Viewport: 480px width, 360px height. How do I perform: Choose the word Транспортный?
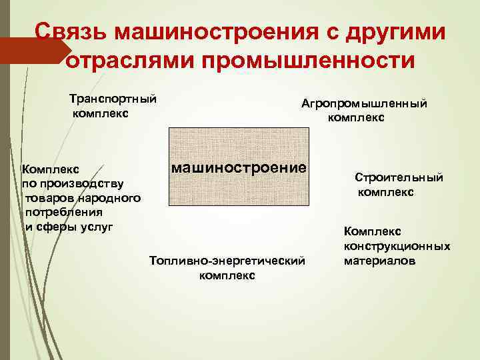tap(113, 99)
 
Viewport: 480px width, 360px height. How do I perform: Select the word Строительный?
tap(399, 178)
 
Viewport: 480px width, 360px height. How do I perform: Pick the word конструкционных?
tap(397, 246)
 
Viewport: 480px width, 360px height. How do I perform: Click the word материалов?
tap(379, 261)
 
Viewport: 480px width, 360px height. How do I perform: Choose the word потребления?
tap(63, 212)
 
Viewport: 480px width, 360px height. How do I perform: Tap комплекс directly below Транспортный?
tap(101, 113)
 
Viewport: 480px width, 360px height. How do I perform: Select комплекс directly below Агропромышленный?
tap(356, 118)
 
